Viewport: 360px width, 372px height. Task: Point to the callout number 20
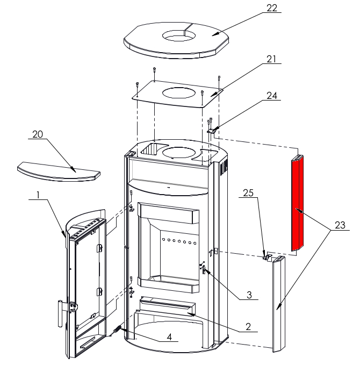point(37,134)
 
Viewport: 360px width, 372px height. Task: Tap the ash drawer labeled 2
point(167,306)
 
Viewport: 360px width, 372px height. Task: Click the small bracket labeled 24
point(213,130)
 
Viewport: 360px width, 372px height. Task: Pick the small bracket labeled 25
point(267,257)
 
